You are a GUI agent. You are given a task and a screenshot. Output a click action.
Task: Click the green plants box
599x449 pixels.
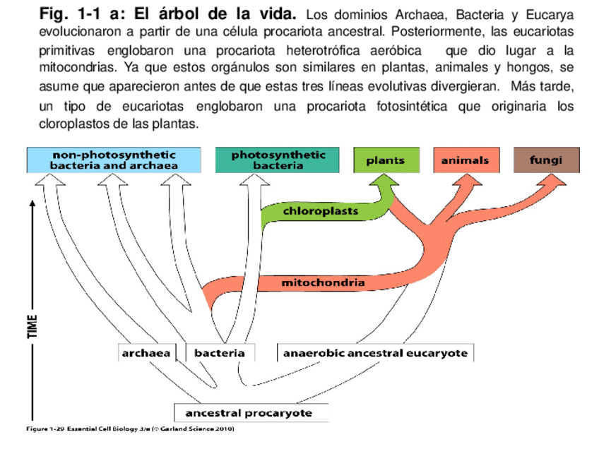coord(386,160)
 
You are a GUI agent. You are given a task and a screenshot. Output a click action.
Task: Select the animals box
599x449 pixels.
coord(465,160)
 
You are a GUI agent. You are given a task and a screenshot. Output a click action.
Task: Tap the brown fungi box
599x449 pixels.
coord(546,160)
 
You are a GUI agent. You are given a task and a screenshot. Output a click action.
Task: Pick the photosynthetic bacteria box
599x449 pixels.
coord(278,160)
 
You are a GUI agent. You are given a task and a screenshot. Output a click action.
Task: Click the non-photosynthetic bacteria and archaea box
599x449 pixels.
coord(114,160)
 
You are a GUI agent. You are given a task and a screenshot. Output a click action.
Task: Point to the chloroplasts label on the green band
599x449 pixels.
coord(320,210)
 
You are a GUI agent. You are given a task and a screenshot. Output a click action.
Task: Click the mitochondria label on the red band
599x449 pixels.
coord(324,283)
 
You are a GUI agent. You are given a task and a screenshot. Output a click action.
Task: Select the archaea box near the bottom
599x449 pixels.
coord(146,352)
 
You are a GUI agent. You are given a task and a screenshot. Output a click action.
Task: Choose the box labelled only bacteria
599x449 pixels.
coord(220,352)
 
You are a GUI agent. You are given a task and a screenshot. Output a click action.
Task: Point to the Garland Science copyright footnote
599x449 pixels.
coord(130,429)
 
